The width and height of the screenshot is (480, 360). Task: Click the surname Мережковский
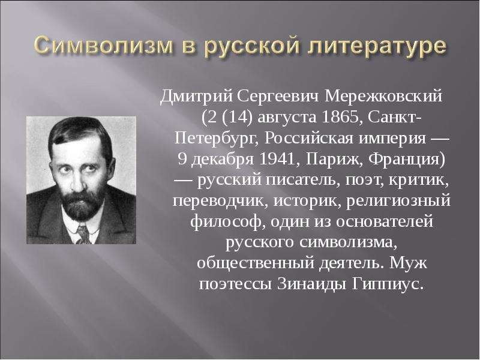[x=383, y=97]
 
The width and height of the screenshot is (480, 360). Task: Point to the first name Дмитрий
[x=197, y=97]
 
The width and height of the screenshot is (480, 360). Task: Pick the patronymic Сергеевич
[x=278, y=97]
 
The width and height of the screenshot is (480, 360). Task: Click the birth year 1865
[x=340, y=118]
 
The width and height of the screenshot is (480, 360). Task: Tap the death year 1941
[x=277, y=159]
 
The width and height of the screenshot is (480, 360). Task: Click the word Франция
[x=407, y=160]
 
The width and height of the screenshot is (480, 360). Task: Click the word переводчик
[x=220, y=202]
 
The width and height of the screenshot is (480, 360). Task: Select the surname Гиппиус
[x=388, y=284]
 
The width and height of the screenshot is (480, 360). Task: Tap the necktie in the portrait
[x=83, y=234]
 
